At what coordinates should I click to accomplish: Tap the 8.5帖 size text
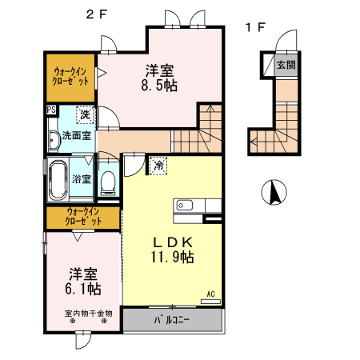point(160,83)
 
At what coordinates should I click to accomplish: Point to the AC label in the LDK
point(211,294)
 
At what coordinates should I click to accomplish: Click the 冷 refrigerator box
point(159,165)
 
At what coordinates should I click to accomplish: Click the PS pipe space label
point(50,110)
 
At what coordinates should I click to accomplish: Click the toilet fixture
point(109,180)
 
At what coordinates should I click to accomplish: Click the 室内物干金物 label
point(88,313)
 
